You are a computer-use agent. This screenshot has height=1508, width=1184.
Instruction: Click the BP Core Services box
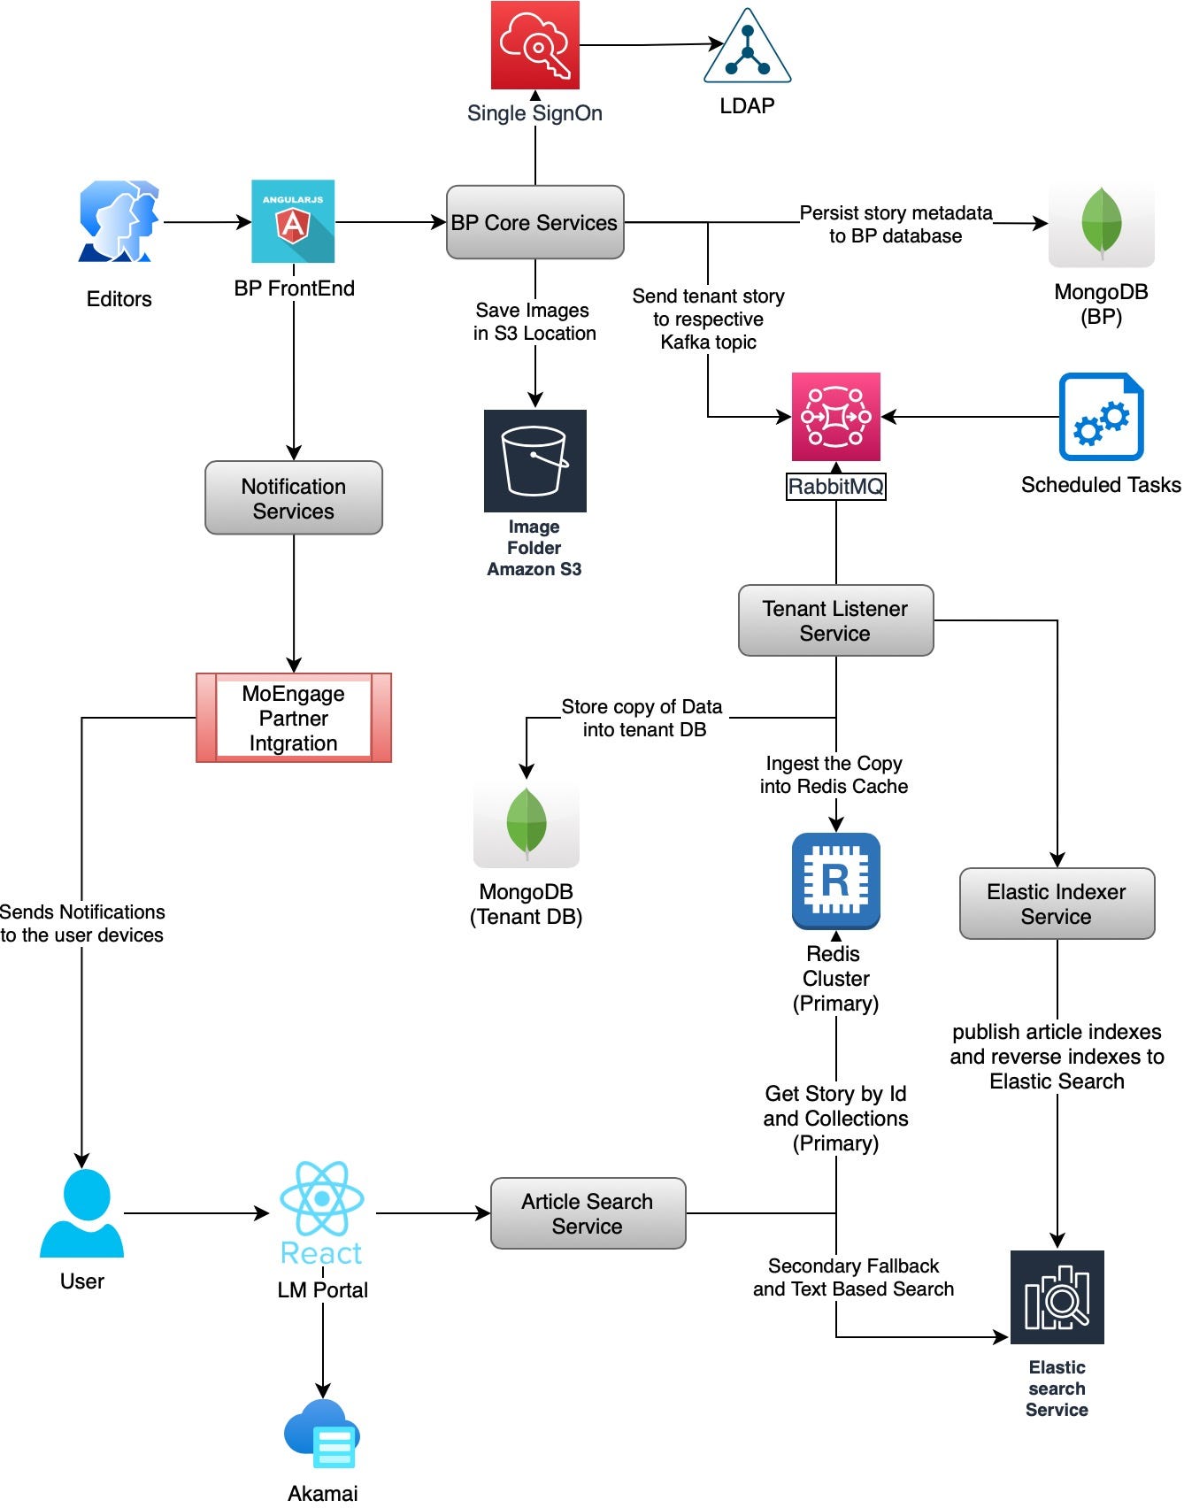[534, 222]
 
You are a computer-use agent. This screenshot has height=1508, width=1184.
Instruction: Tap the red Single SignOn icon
[534, 44]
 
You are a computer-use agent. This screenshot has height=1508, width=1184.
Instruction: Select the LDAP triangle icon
[747, 48]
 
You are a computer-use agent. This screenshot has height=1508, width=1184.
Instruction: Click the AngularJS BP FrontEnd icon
[293, 221]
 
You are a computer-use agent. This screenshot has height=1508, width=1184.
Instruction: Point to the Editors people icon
[119, 221]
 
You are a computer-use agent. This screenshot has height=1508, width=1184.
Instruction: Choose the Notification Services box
[293, 498]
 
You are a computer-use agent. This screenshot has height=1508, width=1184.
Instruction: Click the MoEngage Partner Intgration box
[293, 718]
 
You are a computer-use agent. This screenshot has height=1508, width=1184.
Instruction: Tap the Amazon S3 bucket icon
[534, 460]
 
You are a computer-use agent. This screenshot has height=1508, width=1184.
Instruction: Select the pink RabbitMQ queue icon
[835, 416]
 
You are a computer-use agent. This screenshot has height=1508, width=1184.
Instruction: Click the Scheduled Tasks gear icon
[1101, 417]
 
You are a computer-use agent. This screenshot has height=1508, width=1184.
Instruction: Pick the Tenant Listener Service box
[835, 620]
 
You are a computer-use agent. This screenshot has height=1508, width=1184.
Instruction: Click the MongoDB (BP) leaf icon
[1101, 223]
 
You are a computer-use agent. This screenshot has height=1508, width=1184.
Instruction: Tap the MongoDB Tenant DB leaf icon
[526, 823]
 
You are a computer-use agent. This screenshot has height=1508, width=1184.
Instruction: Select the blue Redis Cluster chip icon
[835, 881]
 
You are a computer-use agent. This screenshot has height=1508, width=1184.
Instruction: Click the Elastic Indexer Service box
[1057, 904]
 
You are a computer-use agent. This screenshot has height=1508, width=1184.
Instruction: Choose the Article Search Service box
[588, 1213]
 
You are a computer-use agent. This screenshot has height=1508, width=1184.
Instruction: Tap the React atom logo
[321, 1199]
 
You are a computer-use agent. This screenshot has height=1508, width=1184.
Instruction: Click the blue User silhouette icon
[81, 1213]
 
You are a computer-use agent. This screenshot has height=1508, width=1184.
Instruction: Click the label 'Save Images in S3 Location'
[534, 321]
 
